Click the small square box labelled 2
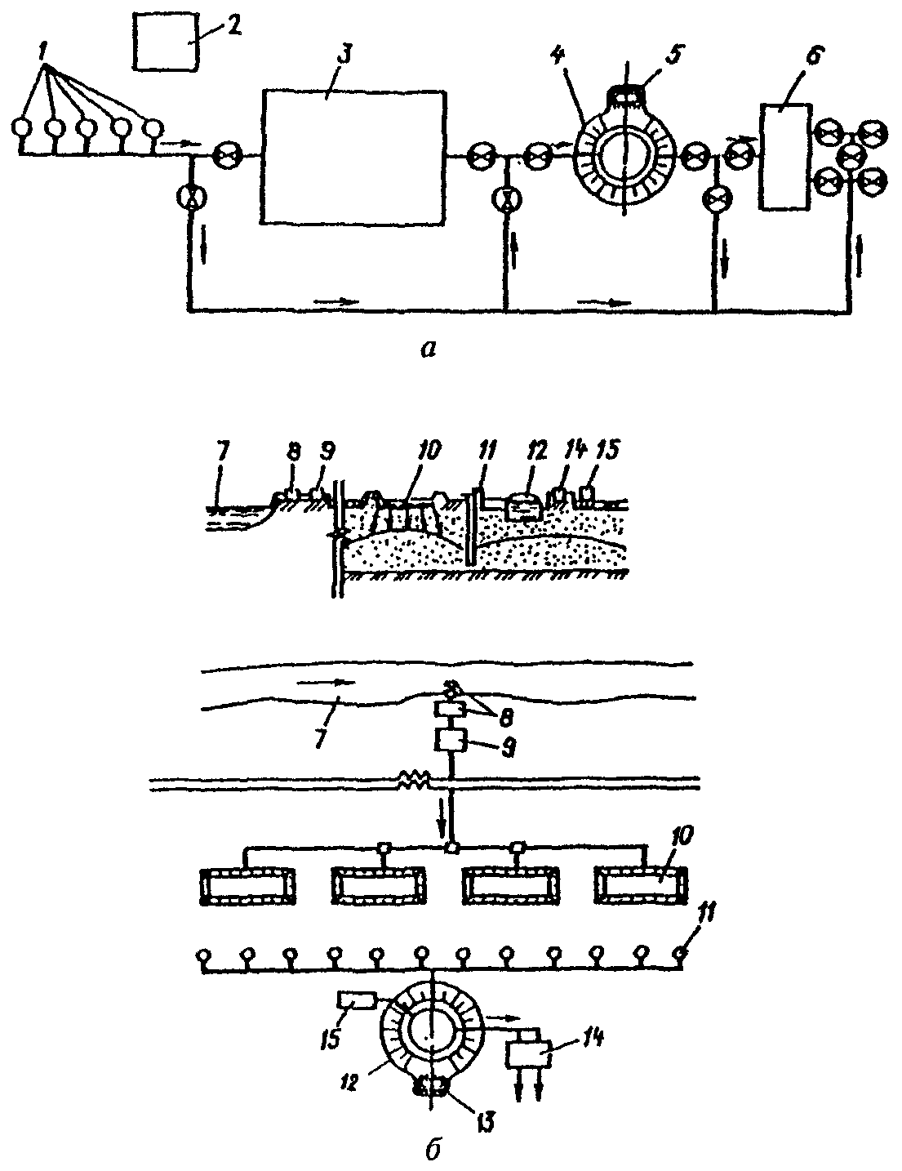pyautogui.click(x=166, y=42)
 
